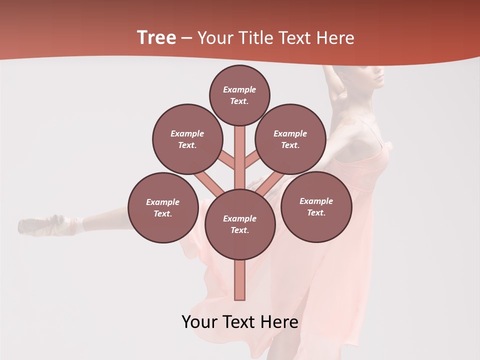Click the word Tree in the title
tap(156, 38)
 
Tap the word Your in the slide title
tap(216, 38)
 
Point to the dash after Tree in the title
tap(187, 38)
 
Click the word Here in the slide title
tap(335, 38)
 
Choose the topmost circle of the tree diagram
tap(239, 95)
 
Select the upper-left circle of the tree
tap(187, 139)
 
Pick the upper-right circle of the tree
tap(290, 139)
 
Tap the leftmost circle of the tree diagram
tap(163, 207)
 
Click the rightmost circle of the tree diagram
tap(316, 206)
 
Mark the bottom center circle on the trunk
tap(240, 224)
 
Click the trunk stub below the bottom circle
tap(240, 280)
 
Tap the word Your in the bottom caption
tap(200, 322)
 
